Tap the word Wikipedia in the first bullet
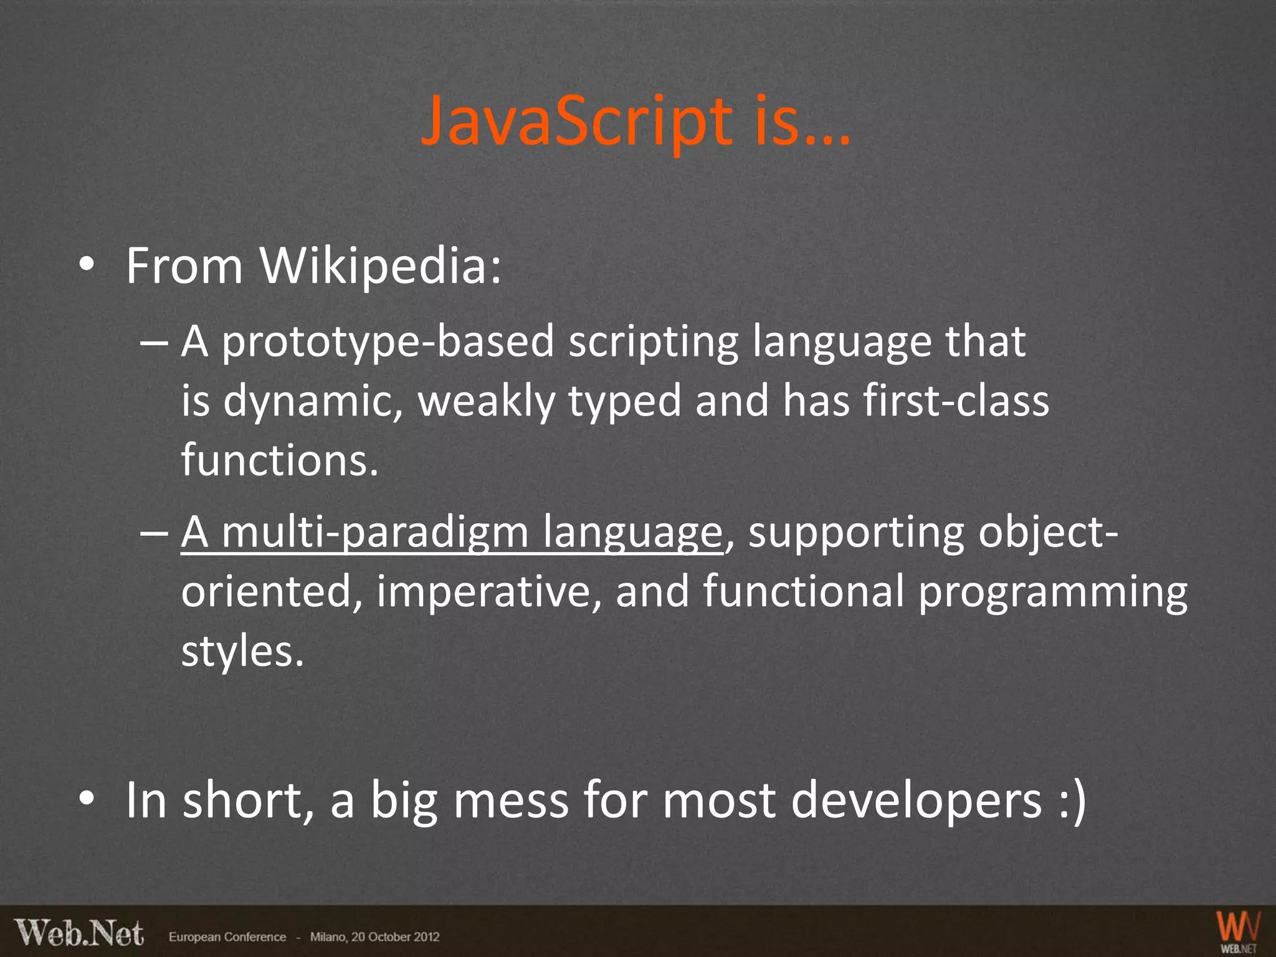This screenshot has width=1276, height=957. (x=380, y=267)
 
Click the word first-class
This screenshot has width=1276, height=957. (x=956, y=401)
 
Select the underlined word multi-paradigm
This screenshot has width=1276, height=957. (x=374, y=533)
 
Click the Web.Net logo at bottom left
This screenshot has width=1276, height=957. (x=79, y=933)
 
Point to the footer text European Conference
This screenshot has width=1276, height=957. (x=227, y=937)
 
